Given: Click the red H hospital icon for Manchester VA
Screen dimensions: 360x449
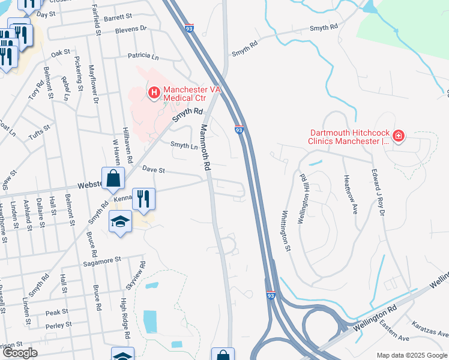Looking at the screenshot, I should coord(154,92).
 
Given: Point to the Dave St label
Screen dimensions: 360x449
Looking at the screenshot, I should coord(153,170).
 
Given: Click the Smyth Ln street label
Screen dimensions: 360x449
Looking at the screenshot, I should coord(184,145).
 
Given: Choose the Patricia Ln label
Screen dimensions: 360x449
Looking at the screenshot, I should coord(143,57).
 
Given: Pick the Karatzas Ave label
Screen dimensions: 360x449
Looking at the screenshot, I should coord(430,329).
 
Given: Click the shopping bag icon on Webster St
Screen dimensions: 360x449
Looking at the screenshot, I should coord(113,178).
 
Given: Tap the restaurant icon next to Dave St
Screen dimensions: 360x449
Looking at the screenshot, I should coord(143,199).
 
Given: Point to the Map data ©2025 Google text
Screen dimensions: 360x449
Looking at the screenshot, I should coord(411,355).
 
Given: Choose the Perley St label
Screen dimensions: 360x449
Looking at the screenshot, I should coord(58,325).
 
